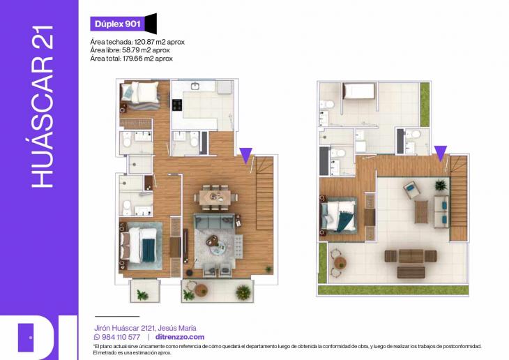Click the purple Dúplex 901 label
coord(117,24)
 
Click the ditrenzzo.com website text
coord(180,337)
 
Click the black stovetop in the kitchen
coord(177,105)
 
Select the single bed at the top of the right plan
coord(358,91)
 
